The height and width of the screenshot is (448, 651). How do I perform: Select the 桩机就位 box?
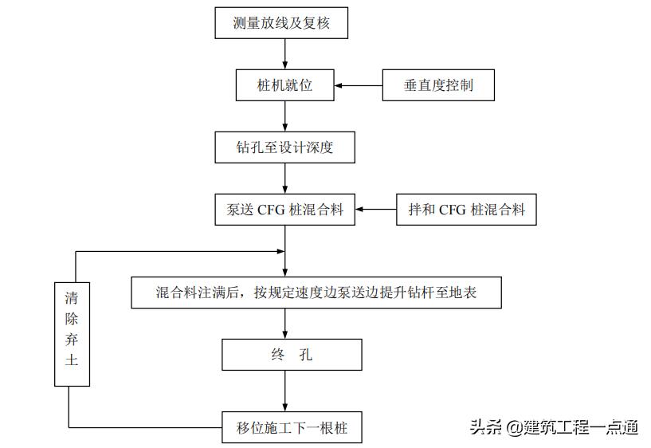(285, 85)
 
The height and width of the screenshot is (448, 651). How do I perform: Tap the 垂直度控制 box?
(438, 85)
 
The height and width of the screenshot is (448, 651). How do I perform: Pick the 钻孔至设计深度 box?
(285, 147)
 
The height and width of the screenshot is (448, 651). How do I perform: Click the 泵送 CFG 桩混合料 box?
(285, 210)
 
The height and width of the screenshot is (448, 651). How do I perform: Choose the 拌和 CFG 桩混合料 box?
(466, 210)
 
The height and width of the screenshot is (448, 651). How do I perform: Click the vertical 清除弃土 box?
(72, 333)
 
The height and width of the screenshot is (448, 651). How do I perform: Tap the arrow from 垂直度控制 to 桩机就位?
(359, 85)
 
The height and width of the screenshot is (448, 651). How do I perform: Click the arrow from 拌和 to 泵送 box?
(375, 210)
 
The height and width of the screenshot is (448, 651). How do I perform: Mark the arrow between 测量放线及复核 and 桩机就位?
(285, 53)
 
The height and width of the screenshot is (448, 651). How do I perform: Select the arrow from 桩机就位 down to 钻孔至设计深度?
(285, 116)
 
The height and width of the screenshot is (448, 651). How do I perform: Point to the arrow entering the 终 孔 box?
(285, 324)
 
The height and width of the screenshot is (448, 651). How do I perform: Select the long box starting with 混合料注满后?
(316, 293)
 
